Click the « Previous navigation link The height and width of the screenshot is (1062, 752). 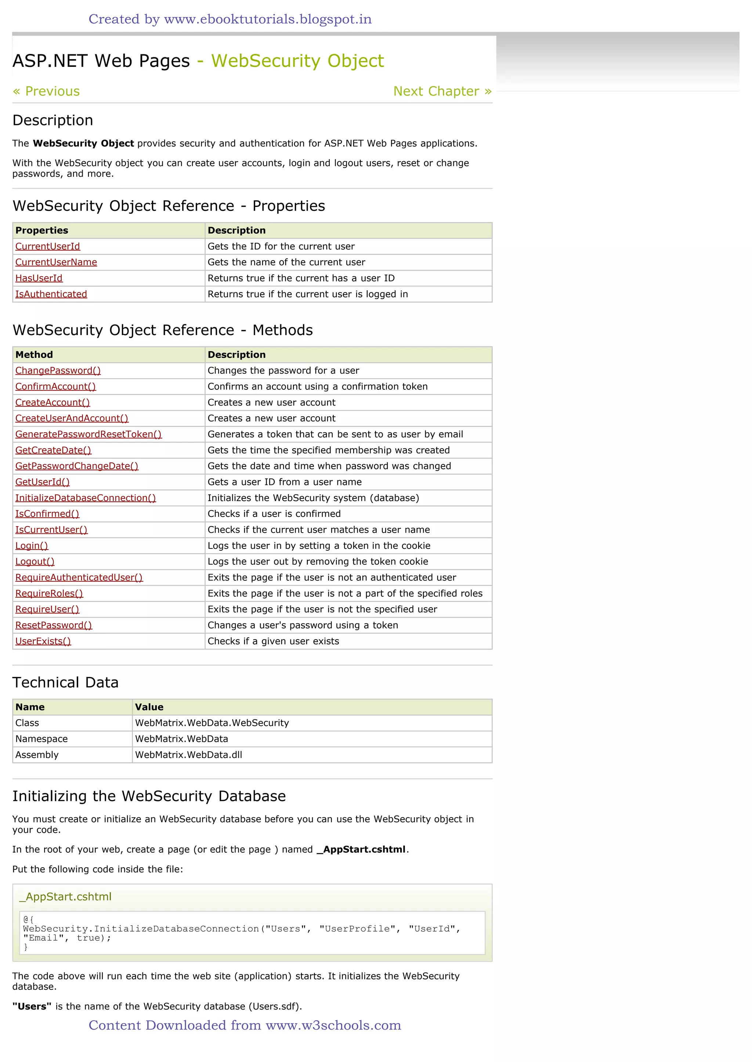pos(46,91)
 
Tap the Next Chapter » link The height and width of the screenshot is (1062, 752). pos(442,91)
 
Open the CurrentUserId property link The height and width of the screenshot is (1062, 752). pos(48,246)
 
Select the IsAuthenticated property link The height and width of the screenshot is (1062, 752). pos(51,294)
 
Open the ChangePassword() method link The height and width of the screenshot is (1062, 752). pos(58,371)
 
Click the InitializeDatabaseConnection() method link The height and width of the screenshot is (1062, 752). pos(86,498)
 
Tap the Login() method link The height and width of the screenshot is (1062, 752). pos(32,546)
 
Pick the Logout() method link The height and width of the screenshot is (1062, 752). pos(35,562)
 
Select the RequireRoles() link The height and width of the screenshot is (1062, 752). pos(49,593)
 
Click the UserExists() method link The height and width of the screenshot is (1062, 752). pos(43,641)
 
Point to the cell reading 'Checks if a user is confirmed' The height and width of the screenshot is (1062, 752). pos(274,514)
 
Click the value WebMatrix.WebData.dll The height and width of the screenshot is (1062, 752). pos(188,755)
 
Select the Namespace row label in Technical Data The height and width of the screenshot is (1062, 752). pos(41,739)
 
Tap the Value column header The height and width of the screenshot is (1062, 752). pos(149,707)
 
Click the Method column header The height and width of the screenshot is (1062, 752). pos(34,355)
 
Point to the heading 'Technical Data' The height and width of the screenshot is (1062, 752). pos(65,683)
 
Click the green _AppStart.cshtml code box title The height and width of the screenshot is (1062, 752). pos(65,897)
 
